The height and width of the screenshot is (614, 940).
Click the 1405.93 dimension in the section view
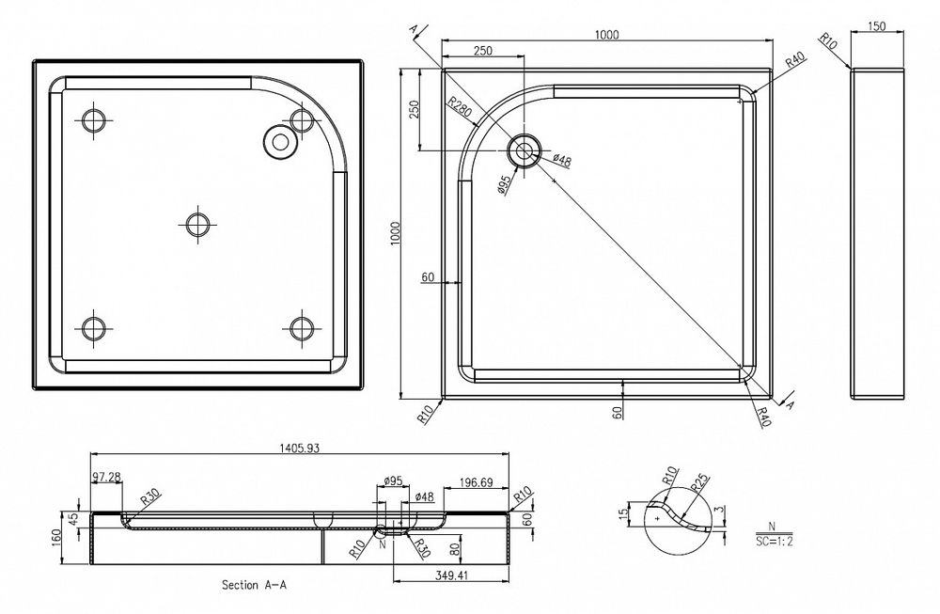tap(299, 449)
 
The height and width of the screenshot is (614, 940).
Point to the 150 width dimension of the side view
tap(876, 26)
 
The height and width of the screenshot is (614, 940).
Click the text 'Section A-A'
tap(254, 585)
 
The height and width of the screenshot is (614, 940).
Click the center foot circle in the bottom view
tap(196, 225)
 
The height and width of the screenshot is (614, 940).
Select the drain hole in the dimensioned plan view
tap(525, 150)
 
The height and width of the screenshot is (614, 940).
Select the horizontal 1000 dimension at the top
tap(606, 35)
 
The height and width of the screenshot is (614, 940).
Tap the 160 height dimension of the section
tap(57, 537)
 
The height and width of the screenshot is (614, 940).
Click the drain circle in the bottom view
tap(279, 142)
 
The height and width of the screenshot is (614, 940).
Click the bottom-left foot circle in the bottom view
tap(93, 328)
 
